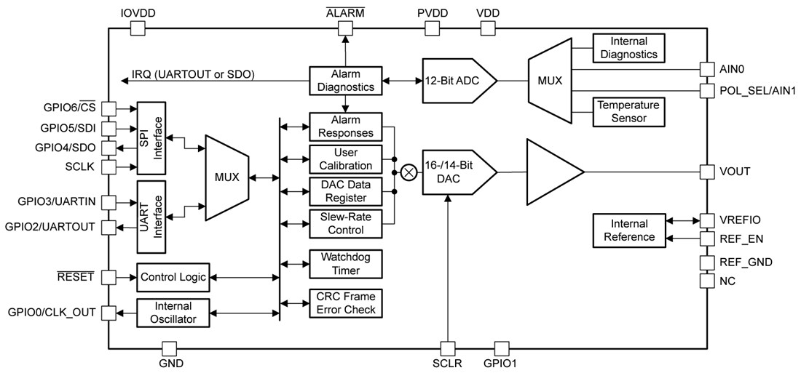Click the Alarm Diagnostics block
[346, 81]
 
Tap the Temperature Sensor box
[629, 111]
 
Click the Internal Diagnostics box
[629, 47]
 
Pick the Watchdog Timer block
[346, 264]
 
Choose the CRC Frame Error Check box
[346, 303]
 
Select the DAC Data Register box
[346, 191]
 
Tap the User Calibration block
[346, 159]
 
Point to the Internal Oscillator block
[173, 313]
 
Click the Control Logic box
[173, 277]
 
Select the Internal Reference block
[629, 230]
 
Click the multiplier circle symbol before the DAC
[409, 172]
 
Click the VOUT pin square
[706, 172]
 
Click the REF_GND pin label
[746, 262]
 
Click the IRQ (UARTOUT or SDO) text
[193, 73]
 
